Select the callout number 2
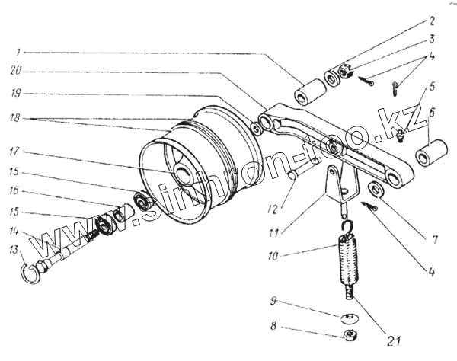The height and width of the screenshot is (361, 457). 432,22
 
